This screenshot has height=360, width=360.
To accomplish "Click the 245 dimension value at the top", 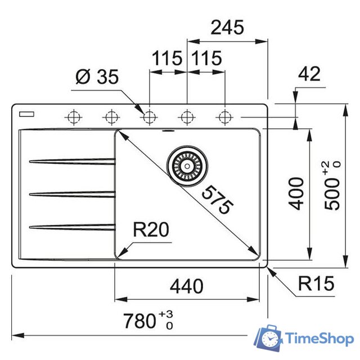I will tap(227, 27).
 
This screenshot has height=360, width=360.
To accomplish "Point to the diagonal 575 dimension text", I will tap(217, 200).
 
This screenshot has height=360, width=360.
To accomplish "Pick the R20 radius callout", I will tap(151, 229).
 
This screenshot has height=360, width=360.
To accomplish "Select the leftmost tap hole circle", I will tap(73, 117).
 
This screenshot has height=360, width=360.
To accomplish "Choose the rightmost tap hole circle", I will tap(225, 117).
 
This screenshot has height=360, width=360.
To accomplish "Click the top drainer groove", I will tap(72, 163).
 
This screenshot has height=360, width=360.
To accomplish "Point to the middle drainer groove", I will tap(72, 194).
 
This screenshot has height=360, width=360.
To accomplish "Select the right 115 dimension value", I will tap(206, 58).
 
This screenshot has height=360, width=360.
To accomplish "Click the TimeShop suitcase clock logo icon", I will tap(269, 339).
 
